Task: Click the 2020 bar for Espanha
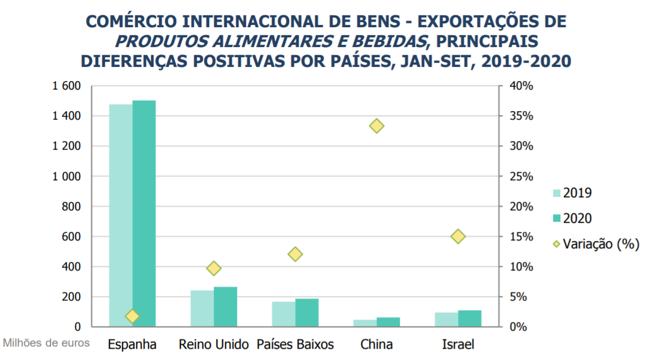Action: pyautogui.click(x=144, y=213)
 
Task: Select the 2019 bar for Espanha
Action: pyautogui.click(x=121, y=215)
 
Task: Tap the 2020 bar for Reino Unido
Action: pyautogui.click(x=226, y=307)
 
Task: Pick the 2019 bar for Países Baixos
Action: pyautogui.click(x=284, y=314)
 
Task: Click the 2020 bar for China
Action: pyautogui.click(x=388, y=322)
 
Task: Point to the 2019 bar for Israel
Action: pyautogui.click(x=446, y=320)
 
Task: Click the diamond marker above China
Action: pyautogui.click(x=377, y=126)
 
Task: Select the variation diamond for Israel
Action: pyautogui.click(x=458, y=236)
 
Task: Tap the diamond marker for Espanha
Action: pyautogui.click(x=133, y=316)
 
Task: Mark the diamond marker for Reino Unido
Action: pyautogui.click(x=214, y=268)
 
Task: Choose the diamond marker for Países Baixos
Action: pyautogui.click(x=295, y=254)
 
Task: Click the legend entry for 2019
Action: pyautogui.click(x=572, y=193)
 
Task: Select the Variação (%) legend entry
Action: pyautogui.click(x=596, y=244)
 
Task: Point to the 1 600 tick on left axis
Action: pyautogui.click(x=66, y=86)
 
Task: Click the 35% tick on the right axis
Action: pyautogui.click(x=522, y=116)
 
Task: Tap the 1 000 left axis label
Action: pyautogui.click(x=66, y=176)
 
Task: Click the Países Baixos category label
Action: pyautogui.click(x=295, y=344)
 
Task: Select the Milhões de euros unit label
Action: pyautogui.click(x=46, y=343)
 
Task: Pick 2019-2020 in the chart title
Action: pyautogui.click(x=526, y=61)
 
